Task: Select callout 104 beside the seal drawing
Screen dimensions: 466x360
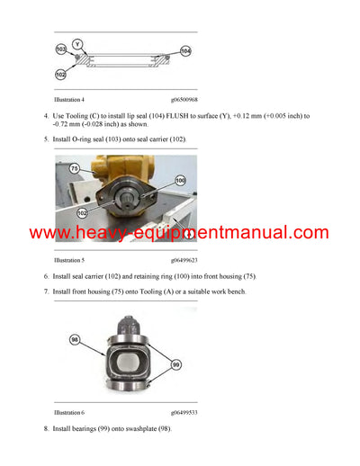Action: point(185,52)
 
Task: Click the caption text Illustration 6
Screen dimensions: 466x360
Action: point(69,411)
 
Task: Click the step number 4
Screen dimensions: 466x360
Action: point(46,116)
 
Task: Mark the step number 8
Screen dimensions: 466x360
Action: point(46,429)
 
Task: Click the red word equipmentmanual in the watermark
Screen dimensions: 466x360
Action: point(229,234)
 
